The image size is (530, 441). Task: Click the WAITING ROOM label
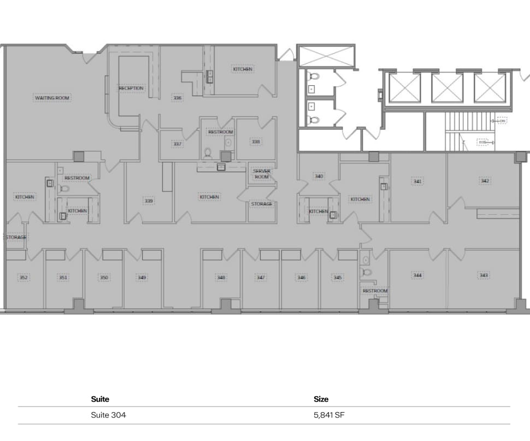pyautogui.click(x=53, y=98)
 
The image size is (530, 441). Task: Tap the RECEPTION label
pyautogui.click(x=131, y=88)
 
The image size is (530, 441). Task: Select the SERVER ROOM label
pyautogui.click(x=262, y=174)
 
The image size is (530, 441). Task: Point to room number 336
pyautogui.click(x=177, y=98)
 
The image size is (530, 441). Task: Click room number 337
pyautogui.click(x=177, y=144)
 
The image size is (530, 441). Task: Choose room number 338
pyautogui.click(x=256, y=142)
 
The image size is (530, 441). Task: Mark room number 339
pyautogui.click(x=149, y=201)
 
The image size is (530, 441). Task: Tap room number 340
pyautogui.click(x=319, y=177)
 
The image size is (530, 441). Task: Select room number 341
pyautogui.click(x=417, y=181)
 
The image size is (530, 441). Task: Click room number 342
pyautogui.click(x=484, y=180)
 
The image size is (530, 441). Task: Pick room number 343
pyautogui.click(x=484, y=275)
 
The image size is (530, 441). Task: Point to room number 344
pyautogui.click(x=417, y=275)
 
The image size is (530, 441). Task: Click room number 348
pyautogui.click(x=221, y=278)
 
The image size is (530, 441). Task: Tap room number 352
pyautogui.click(x=23, y=278)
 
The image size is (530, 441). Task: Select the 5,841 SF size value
pyautogui.click(x=329, y=415)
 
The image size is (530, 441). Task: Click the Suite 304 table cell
pyautogui.click(x=108, y=415)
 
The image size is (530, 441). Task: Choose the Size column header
pyautogui.click(x=321, y=399)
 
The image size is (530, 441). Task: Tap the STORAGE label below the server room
pyautogui.click(x=262, y=204)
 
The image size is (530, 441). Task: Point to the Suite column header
pyautogui.click(x=100, y=399)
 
